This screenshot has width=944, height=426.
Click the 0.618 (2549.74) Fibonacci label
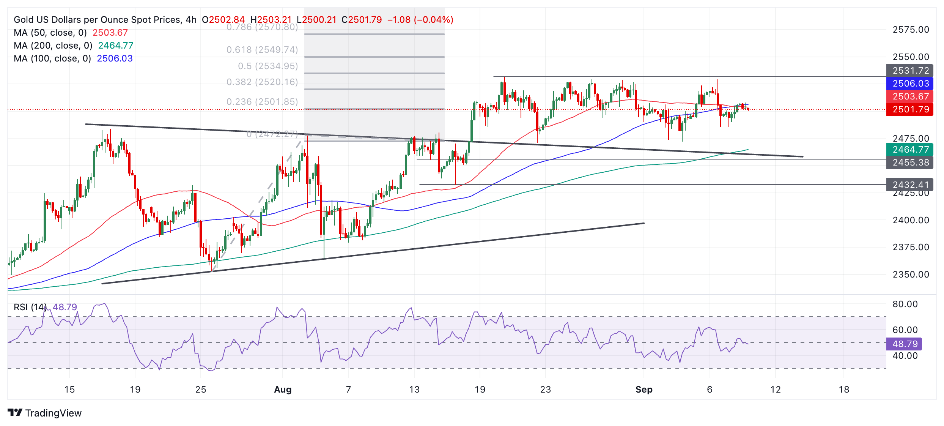pos(262,50)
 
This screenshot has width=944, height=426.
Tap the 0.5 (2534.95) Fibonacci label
pos(267,66)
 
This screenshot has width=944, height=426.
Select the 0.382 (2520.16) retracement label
pos(262,82)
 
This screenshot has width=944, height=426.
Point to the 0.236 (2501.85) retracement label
pos(262,102)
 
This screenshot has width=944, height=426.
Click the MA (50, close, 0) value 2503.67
pos(110,33)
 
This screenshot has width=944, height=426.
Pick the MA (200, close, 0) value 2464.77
pos(116,46)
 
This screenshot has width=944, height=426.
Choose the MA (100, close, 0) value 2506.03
pos(115,58)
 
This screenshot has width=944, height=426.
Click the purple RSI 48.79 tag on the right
pos(905,344)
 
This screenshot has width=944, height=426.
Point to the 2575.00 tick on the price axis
pos(911,30)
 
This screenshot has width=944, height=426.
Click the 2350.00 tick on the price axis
pos(911,275)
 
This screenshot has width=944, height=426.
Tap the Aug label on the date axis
pos(283,390)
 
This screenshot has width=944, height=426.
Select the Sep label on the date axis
pos(644,390)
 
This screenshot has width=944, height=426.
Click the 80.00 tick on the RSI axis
pos(905,304)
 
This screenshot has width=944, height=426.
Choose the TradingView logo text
pos(53,413)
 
